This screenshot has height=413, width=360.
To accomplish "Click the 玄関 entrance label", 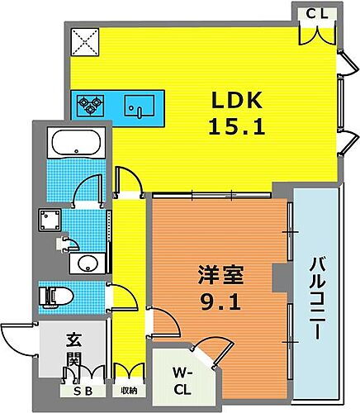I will point(73,349).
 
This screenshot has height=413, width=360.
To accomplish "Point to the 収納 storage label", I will point(127,392).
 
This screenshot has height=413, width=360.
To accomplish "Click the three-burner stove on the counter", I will point(90,105).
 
